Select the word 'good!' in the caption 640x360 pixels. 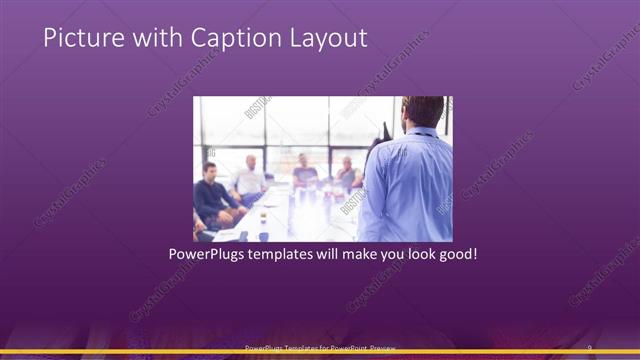[x=457, y=255]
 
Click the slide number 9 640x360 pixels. [x=589, y=347]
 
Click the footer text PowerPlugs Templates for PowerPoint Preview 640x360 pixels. [x=320, y=347]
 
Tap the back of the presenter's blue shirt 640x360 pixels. [x=408, y=185]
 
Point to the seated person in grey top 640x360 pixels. [x=305, y=172]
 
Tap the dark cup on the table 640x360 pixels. [x=263, y=236]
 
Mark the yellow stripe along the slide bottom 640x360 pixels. [x=320, y=353]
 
